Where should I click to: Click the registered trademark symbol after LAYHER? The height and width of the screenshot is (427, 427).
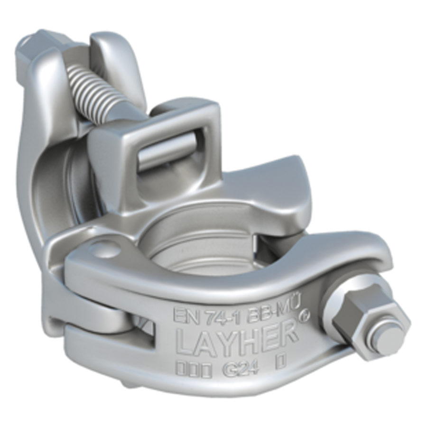pyautogui.click(x=307, y=313)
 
